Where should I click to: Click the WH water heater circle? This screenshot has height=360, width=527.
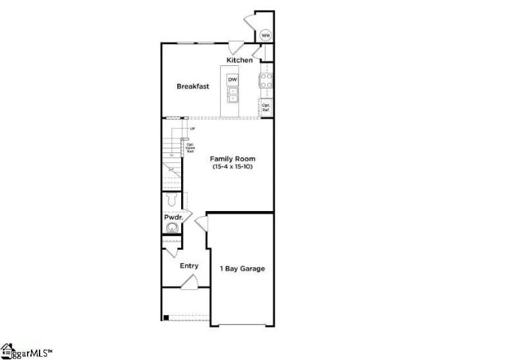point(265,36)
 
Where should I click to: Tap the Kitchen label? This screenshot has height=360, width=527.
point(239,61)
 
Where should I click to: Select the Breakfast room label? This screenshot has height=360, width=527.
point(193,86)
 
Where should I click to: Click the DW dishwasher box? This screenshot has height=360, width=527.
point(233,80)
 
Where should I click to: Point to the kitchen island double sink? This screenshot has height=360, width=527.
point(233,96)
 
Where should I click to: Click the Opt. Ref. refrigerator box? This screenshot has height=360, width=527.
point(266,106)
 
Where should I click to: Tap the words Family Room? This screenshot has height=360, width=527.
point(233,159)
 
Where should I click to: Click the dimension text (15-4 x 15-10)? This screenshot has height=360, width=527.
point(233,167)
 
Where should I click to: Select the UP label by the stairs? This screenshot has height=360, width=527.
point(192,129)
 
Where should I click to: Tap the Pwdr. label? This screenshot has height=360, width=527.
point(173,217)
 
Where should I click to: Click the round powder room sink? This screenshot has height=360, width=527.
point(172,228)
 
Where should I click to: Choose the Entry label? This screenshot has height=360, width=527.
point(189,266)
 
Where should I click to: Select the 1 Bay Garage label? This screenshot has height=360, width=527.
point(242,268)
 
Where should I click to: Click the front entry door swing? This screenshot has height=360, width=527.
point(190,283)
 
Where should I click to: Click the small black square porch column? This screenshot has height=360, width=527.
point(166,318)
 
